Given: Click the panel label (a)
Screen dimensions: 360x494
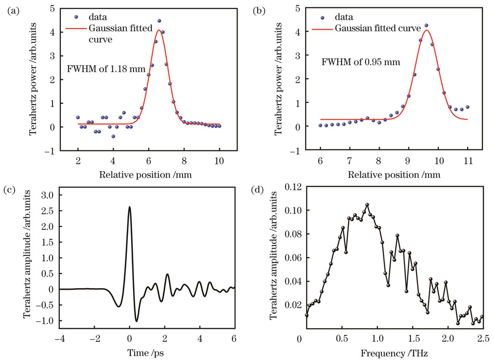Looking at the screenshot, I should [x=11, y=9].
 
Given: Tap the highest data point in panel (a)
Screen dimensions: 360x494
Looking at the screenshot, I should [x=159, y=21].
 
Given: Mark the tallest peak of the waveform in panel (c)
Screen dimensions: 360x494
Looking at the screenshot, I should [x=129, y=207].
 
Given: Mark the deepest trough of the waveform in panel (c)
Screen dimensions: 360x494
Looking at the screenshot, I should [x=136, y=321].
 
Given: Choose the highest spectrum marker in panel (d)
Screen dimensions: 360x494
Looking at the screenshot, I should [x=367, y=205].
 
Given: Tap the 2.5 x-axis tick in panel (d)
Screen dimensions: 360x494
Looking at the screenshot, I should [x=483, y=339].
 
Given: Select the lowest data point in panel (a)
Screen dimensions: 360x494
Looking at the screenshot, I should [x=113, y=136].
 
